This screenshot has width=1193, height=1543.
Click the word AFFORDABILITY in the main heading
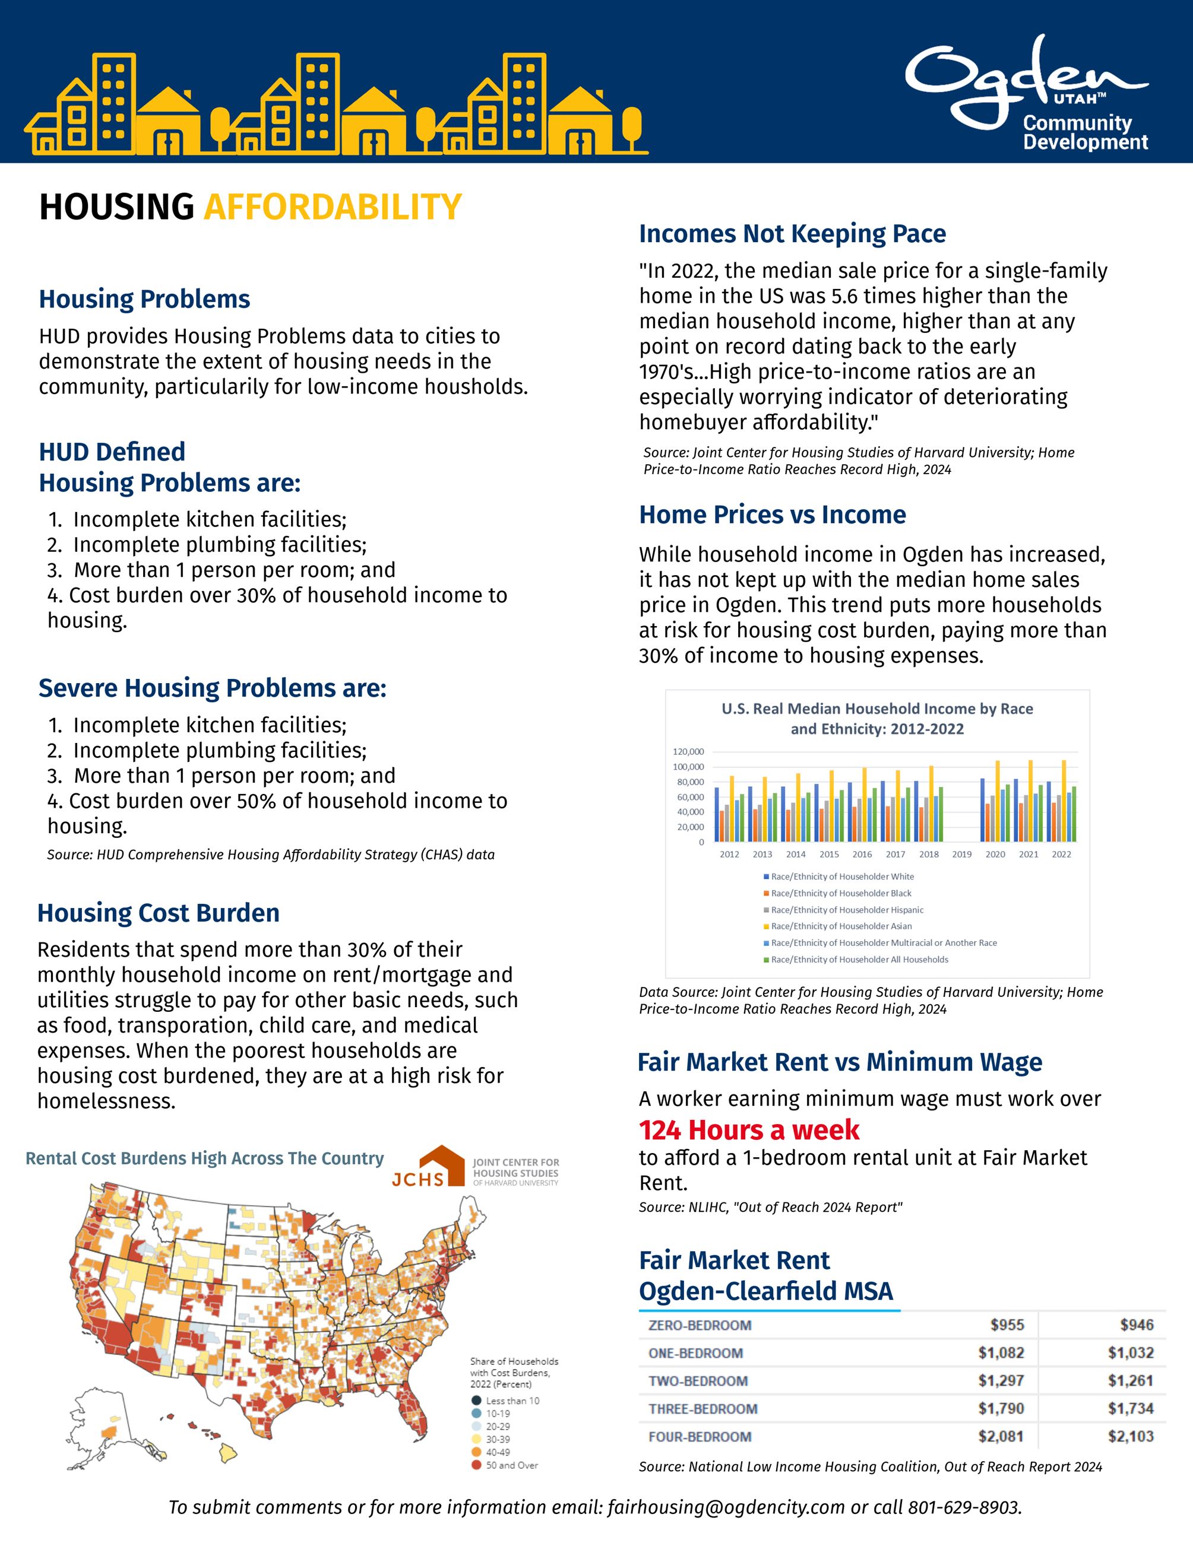click(332, 208)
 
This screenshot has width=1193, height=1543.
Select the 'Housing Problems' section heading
click(144, 300)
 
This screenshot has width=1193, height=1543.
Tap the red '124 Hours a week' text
click(749, 1131)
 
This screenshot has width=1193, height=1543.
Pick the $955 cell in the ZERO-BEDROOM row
click(1007, 1325)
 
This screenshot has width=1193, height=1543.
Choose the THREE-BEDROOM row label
click(702, 1409)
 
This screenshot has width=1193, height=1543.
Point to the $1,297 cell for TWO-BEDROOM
click(1001, 1380)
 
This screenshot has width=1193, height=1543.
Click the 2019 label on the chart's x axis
click(962, 854)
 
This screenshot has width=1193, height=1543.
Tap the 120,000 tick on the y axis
click(688, 752)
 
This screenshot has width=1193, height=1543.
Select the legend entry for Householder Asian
click(841, 926)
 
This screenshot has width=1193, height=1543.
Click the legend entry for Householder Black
click(840, 893)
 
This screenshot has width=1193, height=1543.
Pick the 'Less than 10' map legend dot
click(476, 1401)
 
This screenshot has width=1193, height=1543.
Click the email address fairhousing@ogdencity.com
click(726, 1507)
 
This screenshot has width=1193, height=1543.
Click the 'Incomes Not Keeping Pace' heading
click(792, 234)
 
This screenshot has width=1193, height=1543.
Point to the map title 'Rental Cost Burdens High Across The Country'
click(204, 1158)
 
